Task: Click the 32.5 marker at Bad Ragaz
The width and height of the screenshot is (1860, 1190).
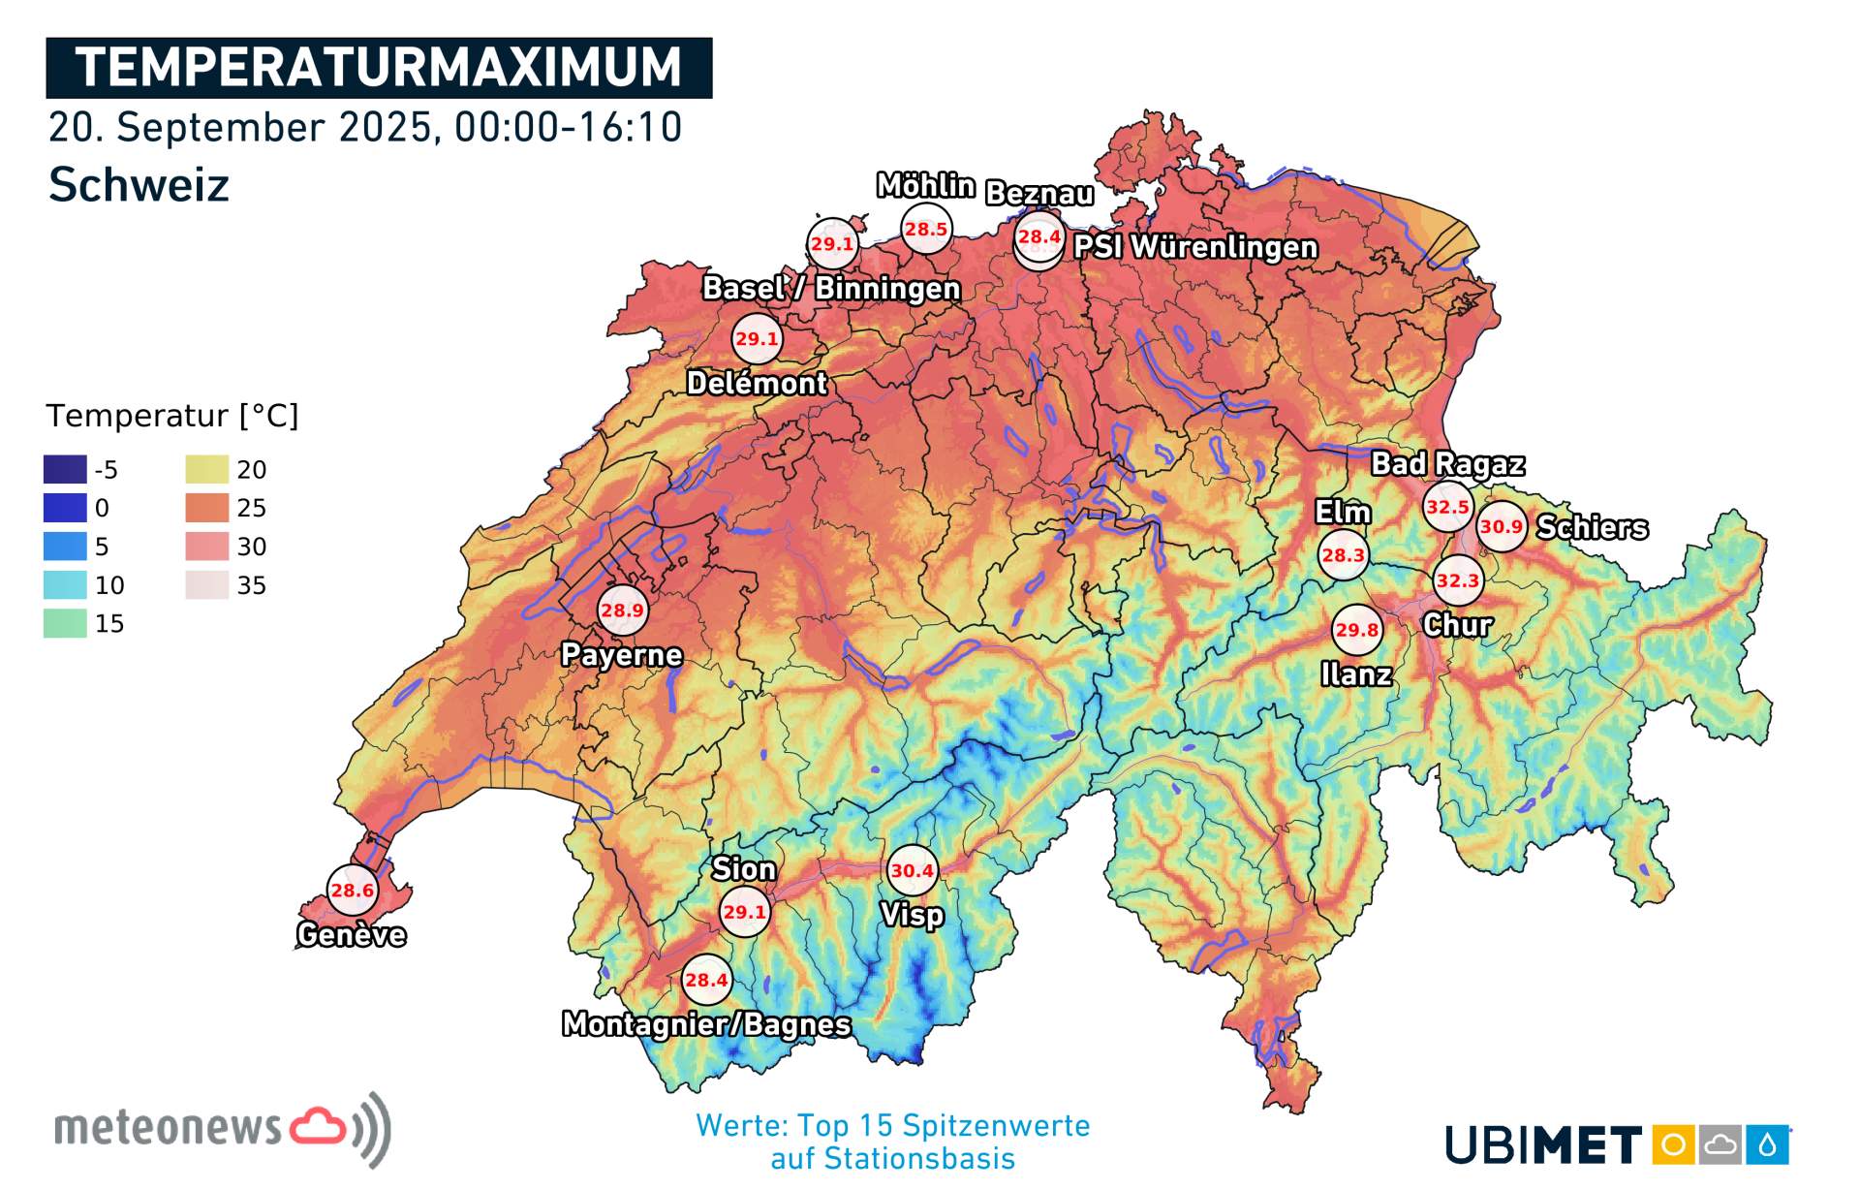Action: point(1447,507)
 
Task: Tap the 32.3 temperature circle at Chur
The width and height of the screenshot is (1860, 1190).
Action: point(1458,580)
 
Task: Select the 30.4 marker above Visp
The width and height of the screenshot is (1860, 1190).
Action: point(912,870)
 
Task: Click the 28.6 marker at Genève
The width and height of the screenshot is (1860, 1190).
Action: point(352,890)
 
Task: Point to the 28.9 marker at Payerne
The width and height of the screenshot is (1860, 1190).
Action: point(622,610)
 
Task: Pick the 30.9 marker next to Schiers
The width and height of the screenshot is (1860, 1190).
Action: point(1501,526)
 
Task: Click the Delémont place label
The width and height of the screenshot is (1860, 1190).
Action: point(757,383)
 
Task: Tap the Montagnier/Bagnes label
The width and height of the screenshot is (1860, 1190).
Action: point(706,1023)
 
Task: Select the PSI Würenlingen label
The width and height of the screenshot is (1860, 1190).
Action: point(1195,247)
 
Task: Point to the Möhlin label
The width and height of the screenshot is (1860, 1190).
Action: point(925,185)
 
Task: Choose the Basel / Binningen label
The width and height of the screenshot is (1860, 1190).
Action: point(831,288)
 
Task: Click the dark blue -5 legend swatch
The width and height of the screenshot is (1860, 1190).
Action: point(65,469)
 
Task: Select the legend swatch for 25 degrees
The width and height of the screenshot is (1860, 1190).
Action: point(207,508)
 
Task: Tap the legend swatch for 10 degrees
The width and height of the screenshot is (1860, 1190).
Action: point(65,585)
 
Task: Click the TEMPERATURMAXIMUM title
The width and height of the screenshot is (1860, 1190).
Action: point(379,68)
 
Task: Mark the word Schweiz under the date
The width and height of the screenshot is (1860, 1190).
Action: point(139,184)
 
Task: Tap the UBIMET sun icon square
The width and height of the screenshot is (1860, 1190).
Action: point(1672,1144)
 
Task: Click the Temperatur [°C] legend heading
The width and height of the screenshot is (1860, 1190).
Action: point(172,416)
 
